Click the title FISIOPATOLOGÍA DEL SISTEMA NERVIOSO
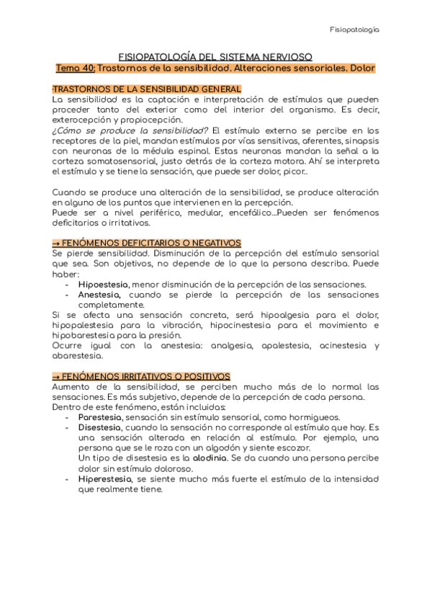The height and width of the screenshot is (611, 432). [215, 56]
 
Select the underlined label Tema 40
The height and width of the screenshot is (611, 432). [74, 68]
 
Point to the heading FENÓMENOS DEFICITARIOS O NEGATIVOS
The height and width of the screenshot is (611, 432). [151, 244]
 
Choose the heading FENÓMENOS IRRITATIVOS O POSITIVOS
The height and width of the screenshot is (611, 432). [146, 376]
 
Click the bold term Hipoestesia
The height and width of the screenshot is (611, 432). [102, 285]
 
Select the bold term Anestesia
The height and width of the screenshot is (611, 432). [99, 295]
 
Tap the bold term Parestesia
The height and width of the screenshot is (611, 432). [100, 417]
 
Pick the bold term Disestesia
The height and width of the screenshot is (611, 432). [99, 427]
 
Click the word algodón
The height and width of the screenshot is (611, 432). [202, 448]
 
